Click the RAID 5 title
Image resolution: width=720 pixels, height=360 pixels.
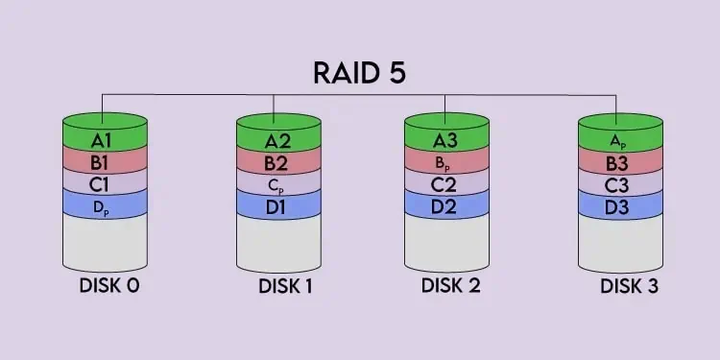pyautogui.click(x=360, y=74)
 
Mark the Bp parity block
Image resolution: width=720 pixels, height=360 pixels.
pyautogui.click(x=446, y=162)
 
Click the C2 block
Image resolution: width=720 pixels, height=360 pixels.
pyautogui.click(x=446, y=181)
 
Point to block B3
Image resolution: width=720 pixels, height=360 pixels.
pyautogui.click(x=619, y=161)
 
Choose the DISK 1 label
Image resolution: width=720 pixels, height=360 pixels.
pyautogui.click(x=285, y=285)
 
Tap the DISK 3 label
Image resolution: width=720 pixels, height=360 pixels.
pyautogui.click(x=630, y=285)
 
